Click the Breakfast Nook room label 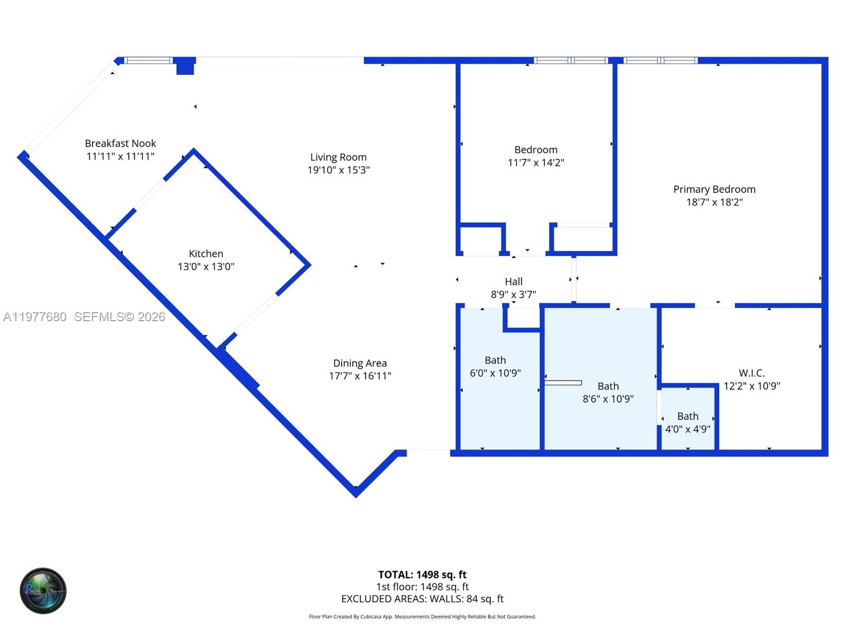pos(120,143)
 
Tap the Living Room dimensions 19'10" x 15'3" pos(339,170)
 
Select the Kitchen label pos(206,254)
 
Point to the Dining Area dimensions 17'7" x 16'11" pos(360,376)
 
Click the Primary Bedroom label pos(714,189)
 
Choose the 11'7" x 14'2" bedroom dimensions pos(536,163)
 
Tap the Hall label pos(513,282)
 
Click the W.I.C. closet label pos(752,373)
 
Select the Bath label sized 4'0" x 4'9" pos(688,416)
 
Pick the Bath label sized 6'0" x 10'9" pos(495,360)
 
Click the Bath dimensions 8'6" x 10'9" pos(608,399)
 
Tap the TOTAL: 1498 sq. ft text pos(422,574)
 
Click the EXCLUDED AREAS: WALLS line pos(422,599)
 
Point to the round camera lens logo pos(43,591)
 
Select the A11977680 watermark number pos(35,316)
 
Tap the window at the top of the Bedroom pos(570,60)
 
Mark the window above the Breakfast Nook pos(148,60)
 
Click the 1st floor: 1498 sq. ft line pos(422,586)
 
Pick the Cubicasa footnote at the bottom pos(422,617)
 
